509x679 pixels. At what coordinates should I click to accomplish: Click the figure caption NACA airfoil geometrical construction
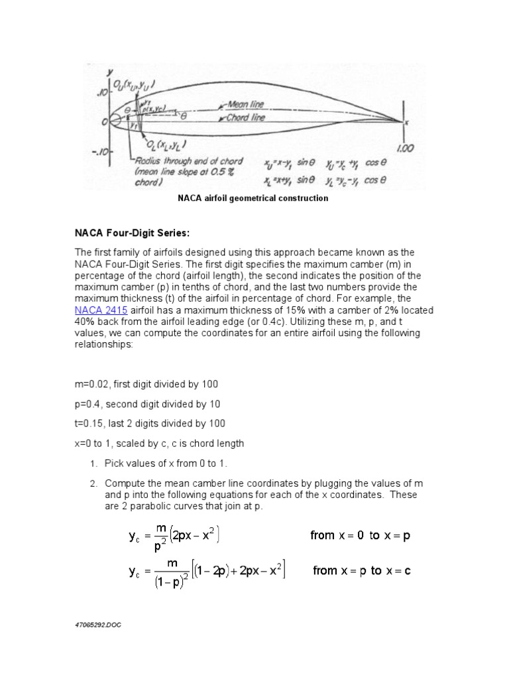click(253, 198)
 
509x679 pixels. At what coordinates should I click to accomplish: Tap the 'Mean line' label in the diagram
click(247, 104)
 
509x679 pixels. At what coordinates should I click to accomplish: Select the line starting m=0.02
click(146, 385)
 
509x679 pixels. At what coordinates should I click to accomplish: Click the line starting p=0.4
click(147, 404)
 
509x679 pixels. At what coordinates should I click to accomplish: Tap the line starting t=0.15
click(150, 423)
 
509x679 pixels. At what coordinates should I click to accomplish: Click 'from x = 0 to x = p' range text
click(361, 535)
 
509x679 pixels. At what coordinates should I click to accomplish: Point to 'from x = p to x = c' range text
click(361, 570)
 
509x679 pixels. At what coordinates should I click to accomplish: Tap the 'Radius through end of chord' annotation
click(188, 160)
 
